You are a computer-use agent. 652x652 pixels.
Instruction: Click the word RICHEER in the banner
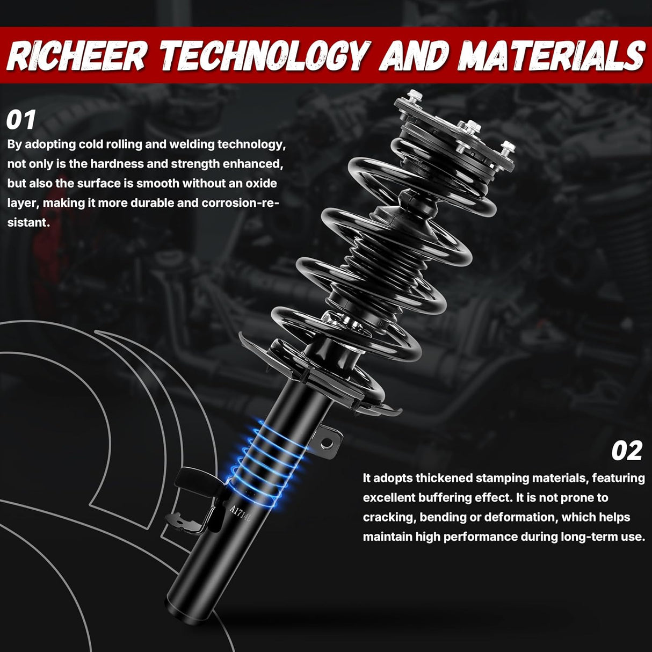click(x=76, y=55)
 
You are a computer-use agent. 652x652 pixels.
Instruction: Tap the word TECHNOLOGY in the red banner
click(x=263, y=55)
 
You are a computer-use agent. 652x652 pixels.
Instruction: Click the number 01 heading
click(x=21, y=120)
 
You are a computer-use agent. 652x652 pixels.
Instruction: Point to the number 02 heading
click(x=627, y=451)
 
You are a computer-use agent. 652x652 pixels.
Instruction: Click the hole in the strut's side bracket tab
click(x=327, y=441)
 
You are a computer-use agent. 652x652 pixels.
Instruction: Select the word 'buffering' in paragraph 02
click(x=442, y=498)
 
